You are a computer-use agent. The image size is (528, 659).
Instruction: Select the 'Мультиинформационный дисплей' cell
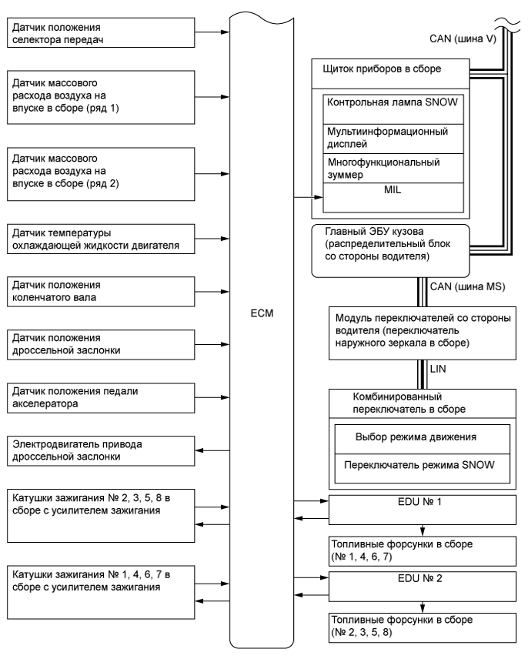pyautogui.click(x=393, y=137)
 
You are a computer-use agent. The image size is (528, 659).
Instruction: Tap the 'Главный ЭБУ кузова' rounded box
pyautogui.click(x=379, y=249)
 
